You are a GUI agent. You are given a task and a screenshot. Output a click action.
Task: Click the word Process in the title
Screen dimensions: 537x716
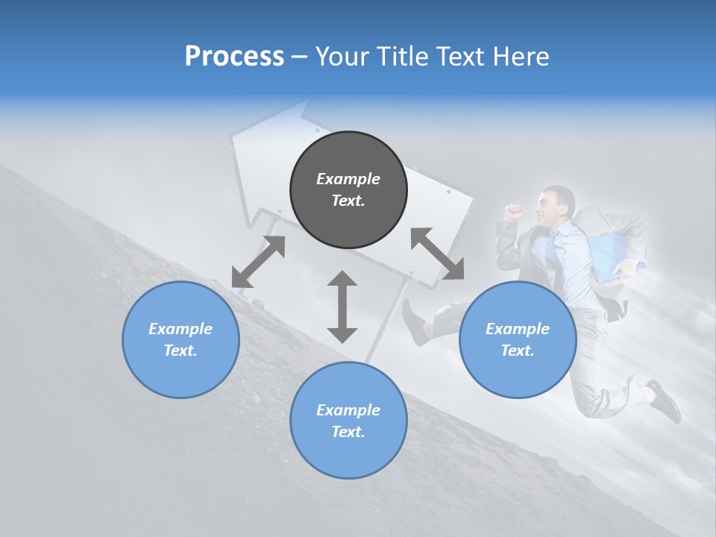(x=234, y=57)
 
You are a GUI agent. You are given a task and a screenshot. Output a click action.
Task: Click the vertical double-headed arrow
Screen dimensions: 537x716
(x=342, y=307)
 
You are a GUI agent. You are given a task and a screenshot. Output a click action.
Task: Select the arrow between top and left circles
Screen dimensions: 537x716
(x=258, y=262)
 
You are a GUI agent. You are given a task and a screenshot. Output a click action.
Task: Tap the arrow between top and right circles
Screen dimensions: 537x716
(x=437, y=254)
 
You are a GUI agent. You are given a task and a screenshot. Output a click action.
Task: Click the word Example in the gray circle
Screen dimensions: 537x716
(x=348, y=179)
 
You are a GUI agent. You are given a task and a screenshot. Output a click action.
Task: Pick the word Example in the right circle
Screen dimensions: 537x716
(x=518, y=329)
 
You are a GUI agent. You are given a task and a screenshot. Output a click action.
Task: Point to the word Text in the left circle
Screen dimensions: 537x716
(x=180, y=351)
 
